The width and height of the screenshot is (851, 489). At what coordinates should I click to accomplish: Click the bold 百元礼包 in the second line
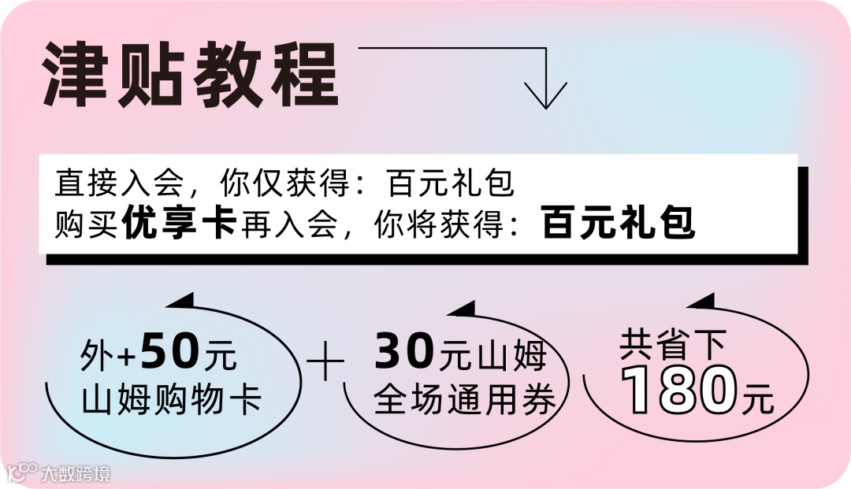click(619, 224)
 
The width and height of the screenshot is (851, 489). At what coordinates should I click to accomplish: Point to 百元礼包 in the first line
click(451, 184)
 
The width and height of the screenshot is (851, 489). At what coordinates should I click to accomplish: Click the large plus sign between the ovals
click(325, 367)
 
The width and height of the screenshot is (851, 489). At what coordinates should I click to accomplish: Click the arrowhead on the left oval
click(182, 300)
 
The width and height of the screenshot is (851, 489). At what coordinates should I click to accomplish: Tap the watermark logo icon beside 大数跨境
click(22, 472)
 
